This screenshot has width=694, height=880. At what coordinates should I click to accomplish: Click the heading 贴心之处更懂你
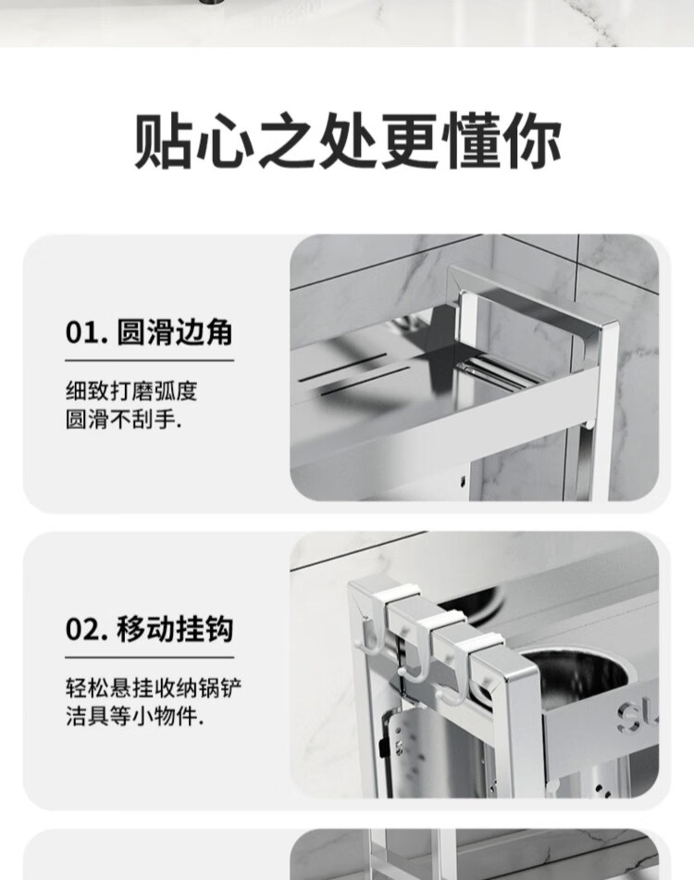348,140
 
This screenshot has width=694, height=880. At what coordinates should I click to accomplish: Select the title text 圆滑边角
175,333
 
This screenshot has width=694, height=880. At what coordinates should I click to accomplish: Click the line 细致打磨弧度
131,391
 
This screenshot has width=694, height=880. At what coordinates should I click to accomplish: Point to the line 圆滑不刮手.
123,420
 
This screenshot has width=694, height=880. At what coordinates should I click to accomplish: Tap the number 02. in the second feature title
87,629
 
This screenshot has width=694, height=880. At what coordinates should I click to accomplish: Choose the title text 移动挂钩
175,629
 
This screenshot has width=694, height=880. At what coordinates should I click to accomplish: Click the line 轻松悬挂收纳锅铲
154,688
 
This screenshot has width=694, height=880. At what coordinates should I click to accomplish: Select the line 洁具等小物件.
134,716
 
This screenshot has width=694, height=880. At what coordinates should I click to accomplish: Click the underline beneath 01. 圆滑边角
149,360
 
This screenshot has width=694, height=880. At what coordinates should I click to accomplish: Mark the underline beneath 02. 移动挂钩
149,657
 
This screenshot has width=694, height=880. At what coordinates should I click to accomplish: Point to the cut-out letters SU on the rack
638,715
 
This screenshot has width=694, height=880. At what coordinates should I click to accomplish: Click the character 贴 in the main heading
165,140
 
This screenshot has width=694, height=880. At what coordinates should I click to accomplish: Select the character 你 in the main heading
531,140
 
